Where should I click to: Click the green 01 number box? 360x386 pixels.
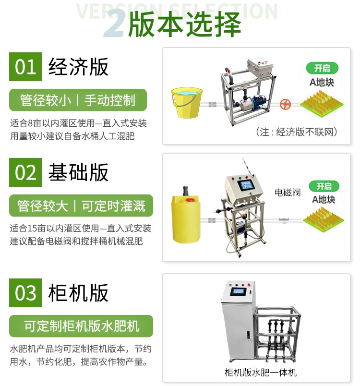point(25,66)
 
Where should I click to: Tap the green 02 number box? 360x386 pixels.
point(25,172)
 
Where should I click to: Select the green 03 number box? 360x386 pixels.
point(25,293)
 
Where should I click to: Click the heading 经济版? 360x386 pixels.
point(78,67)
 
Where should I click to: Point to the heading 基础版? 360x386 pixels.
point(78,172)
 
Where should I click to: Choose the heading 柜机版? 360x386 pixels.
point(78,293)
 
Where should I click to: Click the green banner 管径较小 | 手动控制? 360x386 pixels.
point(78,100)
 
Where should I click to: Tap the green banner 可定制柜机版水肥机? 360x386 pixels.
point(81,326)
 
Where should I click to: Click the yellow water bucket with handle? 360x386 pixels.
point(187,102)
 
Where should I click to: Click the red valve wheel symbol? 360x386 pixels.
point(286,104)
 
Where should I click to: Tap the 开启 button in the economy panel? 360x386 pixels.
point(322,68)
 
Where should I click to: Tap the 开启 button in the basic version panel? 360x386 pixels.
point(324,186)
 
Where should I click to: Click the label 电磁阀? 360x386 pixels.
point(288,192)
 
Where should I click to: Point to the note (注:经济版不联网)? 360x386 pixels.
point(296,132)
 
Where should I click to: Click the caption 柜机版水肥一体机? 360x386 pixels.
point(260,372)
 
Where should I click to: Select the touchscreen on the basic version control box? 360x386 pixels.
point(246,185)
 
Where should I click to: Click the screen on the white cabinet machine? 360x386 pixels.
point(238,291)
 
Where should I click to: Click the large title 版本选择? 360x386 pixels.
point(184,24)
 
